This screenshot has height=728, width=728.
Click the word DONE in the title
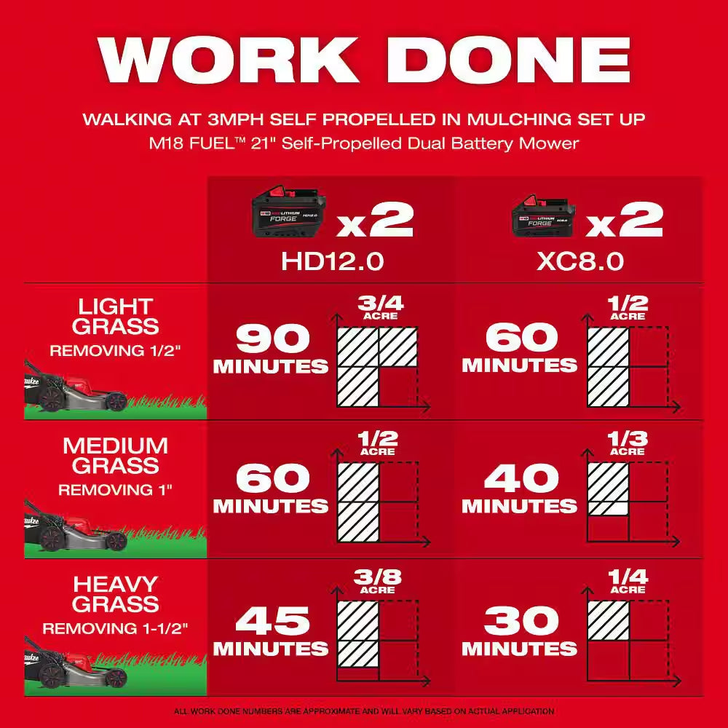504,60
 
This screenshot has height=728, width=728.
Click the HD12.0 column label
333,261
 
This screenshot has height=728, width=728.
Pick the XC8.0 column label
580,261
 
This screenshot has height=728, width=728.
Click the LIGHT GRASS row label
115,316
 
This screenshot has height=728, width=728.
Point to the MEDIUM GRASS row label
115,455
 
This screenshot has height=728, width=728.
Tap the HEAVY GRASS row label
115,593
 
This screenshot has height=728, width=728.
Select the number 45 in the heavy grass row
272,621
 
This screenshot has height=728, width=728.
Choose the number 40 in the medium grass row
521,480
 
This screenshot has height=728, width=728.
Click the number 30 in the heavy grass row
521,621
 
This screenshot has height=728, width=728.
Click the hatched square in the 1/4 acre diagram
608,620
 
